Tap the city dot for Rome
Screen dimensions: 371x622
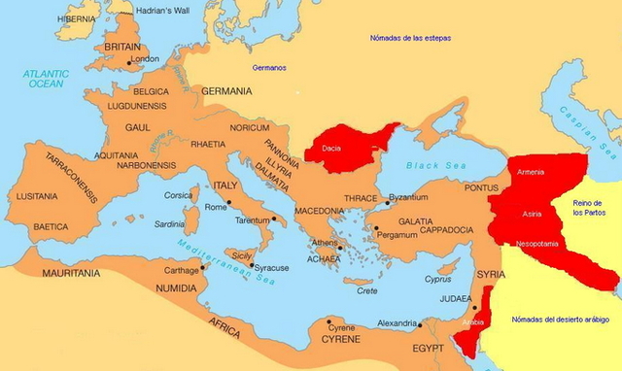[x=228, y=203]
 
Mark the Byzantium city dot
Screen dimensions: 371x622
[x=386, y=203]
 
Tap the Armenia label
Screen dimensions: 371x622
[x=531, y=172]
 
